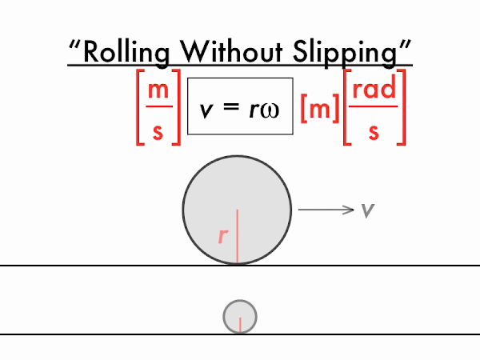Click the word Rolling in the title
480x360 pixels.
[126, 53]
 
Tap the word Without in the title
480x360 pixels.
[231, 51]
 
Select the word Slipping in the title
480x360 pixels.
[345, 53]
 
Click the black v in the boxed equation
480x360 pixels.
[206, 110]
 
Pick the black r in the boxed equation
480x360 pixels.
[254, 110]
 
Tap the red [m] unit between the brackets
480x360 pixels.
[320, 108]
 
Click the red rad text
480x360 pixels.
[374, 87]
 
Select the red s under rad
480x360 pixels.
[374, 132]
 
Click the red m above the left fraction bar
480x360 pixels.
[158, 90]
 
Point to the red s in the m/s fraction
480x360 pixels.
[158, 132]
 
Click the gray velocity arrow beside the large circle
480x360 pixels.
[326, 210]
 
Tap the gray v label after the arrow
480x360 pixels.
[368, 210]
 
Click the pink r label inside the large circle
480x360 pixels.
[223, 236]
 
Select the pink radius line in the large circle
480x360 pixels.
[238, 236]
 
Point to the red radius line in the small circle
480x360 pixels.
[240, 325]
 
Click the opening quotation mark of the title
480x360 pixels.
[74, 45]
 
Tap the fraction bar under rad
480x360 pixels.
[374, 106]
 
